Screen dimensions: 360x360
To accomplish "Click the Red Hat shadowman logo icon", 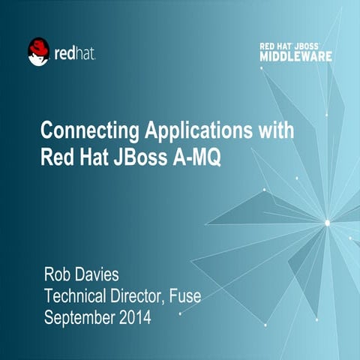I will (x=38, y=52).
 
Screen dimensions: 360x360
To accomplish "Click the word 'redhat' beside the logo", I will (x=75, y=54).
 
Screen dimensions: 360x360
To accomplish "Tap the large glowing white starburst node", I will (x=326, y=221).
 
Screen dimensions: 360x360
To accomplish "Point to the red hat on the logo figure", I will (x=37, y=46).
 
